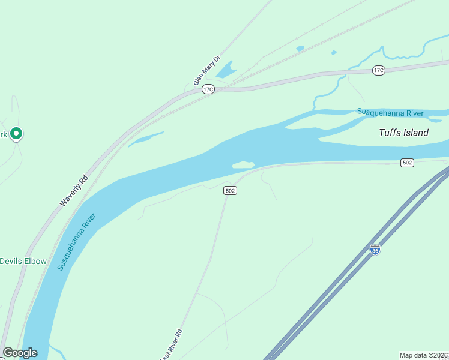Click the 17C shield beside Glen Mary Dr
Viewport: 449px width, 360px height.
pyautogui.click(x=208, y=89)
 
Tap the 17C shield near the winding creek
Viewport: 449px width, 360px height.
pyautogui.click(x=378, y=70)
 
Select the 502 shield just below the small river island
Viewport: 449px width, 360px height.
pyautogui.click(x=230, y=190)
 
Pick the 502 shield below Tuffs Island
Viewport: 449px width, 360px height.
pyautogui.click(x=408, y=163)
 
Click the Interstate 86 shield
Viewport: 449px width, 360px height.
pyautogui.click(x=375, y=249)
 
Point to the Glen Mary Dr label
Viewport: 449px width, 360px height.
pyautogui.click(x=207, y=71)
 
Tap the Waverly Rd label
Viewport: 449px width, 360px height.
pyautogui.click(x=74, y=191)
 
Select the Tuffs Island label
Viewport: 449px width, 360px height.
pyautogui.click(x=403, y=133)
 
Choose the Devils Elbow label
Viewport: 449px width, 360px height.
pyautogui.click(x=23, y=261)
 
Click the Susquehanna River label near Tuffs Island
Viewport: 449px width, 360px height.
pyautogui.click(x=390, y=112)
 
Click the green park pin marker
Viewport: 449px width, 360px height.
pyautogui.click(x=17, y=133)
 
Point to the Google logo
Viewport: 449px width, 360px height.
pyautogui.click(x=20, y=353)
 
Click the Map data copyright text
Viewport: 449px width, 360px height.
pyautogui.click(x=424, y=355)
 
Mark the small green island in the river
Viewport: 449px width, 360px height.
pyautogui.click(x=243, y=164)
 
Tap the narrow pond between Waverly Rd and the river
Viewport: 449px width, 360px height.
pyautogui.click(x=145, y=139)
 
